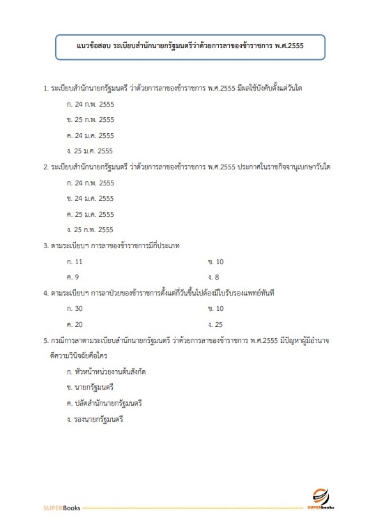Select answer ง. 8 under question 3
[214, 277]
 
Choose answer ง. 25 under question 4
[215, 324]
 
